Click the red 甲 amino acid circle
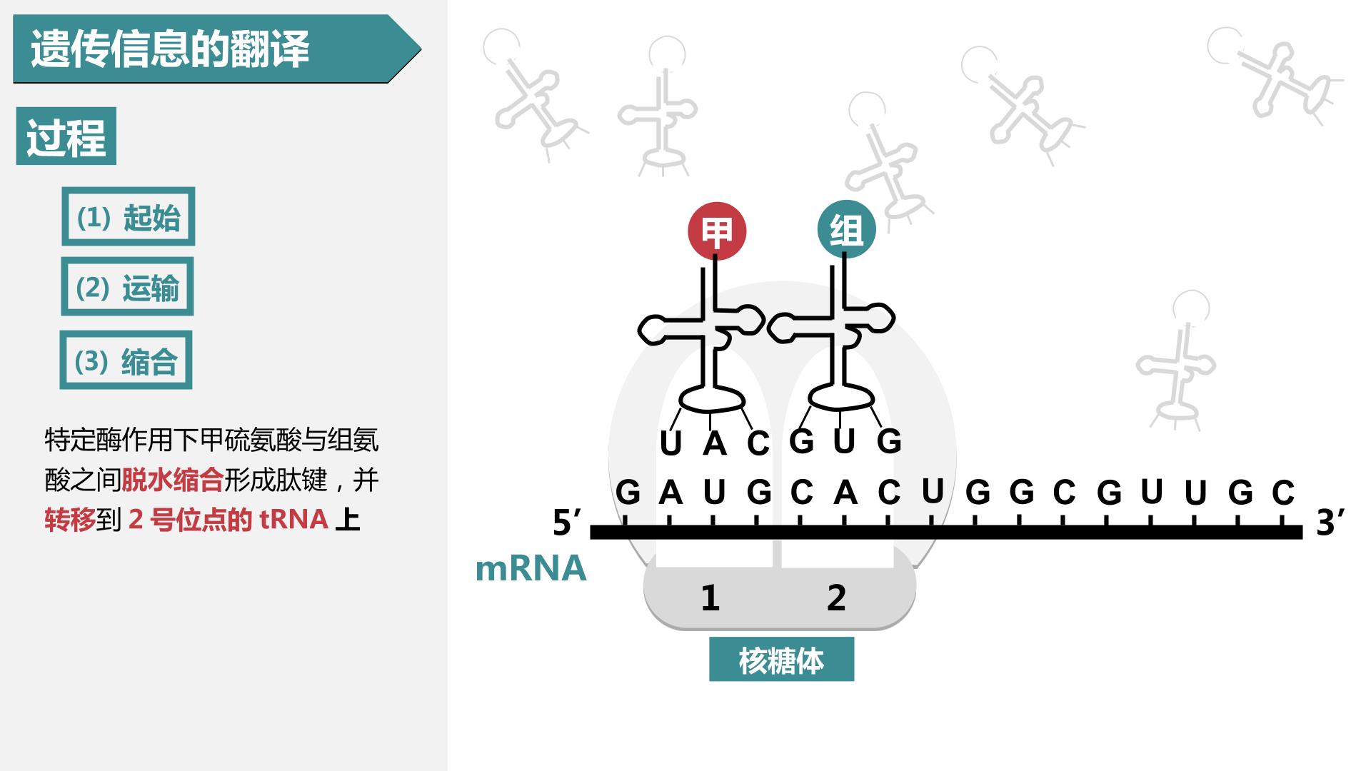click(716, 231)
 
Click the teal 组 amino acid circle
click(846, 229)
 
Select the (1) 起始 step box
click(129, 216)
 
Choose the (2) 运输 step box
click(127, 286)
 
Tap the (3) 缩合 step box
click(126, 360)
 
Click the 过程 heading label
click(66, 136)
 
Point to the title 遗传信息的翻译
click(170, 49)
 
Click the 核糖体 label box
click(781, 659)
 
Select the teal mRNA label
click(531, 568)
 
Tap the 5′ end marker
click(567, 523)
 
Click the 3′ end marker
click(1330, 523)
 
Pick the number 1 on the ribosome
click(710, 598)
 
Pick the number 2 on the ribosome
click(836, 598)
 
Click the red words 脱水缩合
click(172, 480)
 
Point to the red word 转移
click(70, 520)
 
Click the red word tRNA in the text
click(293, 520)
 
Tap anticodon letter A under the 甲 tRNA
click(714, 443)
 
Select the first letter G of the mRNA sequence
click(628, 493)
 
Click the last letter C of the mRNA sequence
click(1283, 493)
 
